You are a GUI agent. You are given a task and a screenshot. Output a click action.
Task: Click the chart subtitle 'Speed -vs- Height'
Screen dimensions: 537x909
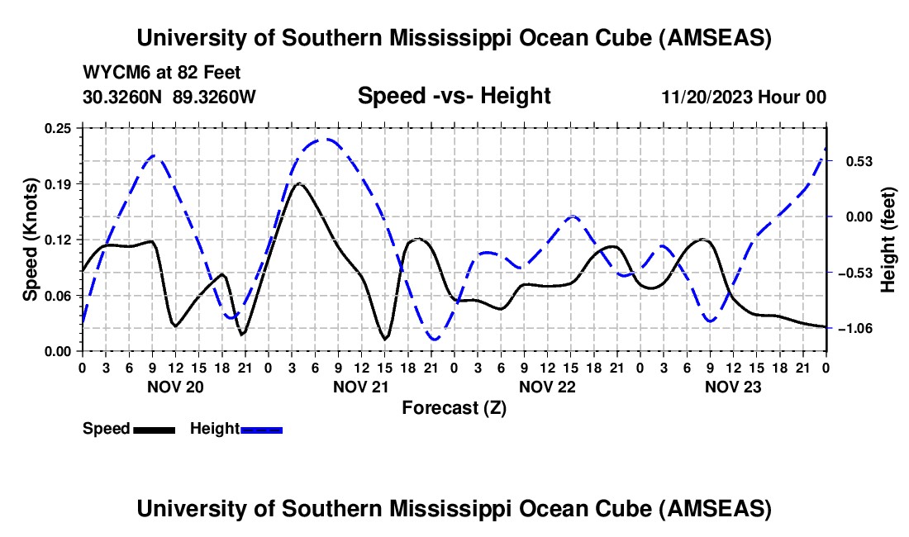coord(454,97)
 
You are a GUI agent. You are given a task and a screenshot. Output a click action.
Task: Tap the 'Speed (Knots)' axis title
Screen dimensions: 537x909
coord(31,240)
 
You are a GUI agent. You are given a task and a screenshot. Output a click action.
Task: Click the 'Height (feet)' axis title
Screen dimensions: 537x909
coord(888,240)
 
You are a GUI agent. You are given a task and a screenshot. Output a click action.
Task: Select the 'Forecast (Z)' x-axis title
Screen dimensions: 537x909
coord(454,407)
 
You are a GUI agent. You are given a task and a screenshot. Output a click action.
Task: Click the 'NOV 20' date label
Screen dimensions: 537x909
coord(174,387)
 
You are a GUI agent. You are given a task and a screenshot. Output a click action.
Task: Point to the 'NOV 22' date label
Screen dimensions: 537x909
coord(547,387)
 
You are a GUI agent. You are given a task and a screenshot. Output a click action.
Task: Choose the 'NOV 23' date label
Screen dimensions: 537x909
coord(733,387)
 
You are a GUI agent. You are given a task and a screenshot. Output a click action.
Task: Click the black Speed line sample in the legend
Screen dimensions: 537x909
coord(154,430)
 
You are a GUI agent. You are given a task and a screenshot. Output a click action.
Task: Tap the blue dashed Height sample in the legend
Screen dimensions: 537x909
coord(261,430)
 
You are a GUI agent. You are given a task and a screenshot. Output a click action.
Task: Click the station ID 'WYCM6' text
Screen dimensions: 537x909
coord(112,73)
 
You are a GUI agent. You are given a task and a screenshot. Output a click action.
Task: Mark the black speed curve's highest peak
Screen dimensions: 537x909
coord(299,183)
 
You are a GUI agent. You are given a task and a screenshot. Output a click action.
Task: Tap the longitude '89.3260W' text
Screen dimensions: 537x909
coord(214,97)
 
